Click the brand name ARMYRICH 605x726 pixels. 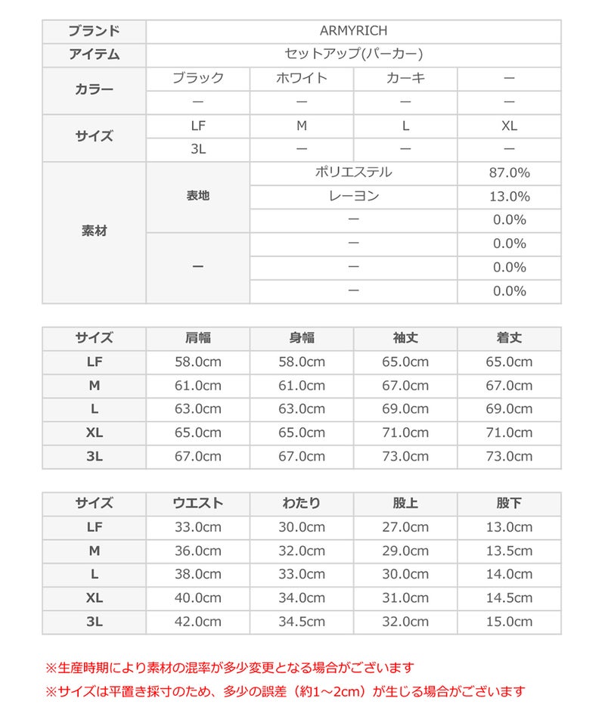[353, 31]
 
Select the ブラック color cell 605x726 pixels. [198, 78]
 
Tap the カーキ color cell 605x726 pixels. [405, 78]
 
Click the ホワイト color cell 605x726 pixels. [301, 78]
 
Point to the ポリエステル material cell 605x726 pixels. [353, 172]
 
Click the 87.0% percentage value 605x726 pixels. [509, 172]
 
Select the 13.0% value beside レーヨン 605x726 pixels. [509, 196]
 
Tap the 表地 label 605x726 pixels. [198, 196]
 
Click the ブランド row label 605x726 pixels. [94, 31]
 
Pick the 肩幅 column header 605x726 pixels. [198, 338]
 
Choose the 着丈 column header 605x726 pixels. [509, 338]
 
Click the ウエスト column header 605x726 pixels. [198, 503]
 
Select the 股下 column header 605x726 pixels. [509, 503]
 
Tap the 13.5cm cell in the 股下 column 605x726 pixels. [509, 551]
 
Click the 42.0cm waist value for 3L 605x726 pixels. [198, 622]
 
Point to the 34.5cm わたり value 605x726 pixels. [301, 622]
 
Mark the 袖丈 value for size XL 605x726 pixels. [405, 433]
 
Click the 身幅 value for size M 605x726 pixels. [301, 386]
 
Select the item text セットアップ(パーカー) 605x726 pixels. [353, 54]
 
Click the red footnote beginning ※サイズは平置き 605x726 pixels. [285, 690]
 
